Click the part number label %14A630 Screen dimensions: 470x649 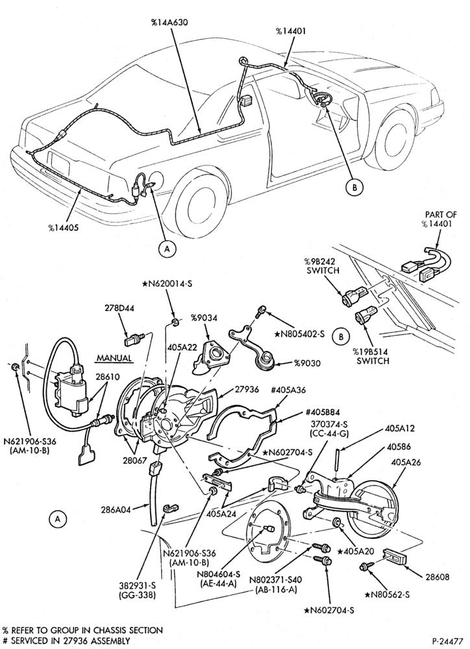click(169, 23)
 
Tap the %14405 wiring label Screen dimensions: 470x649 click(64, 228)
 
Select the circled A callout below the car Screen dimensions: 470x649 click(167, 249)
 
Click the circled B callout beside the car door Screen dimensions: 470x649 click(354, 188)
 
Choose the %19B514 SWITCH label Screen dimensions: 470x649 click(371, 356)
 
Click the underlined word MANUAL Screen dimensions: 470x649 click(115, 358)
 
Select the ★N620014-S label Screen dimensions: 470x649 click(167, 284)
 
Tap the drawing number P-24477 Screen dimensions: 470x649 click(447, 641)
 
